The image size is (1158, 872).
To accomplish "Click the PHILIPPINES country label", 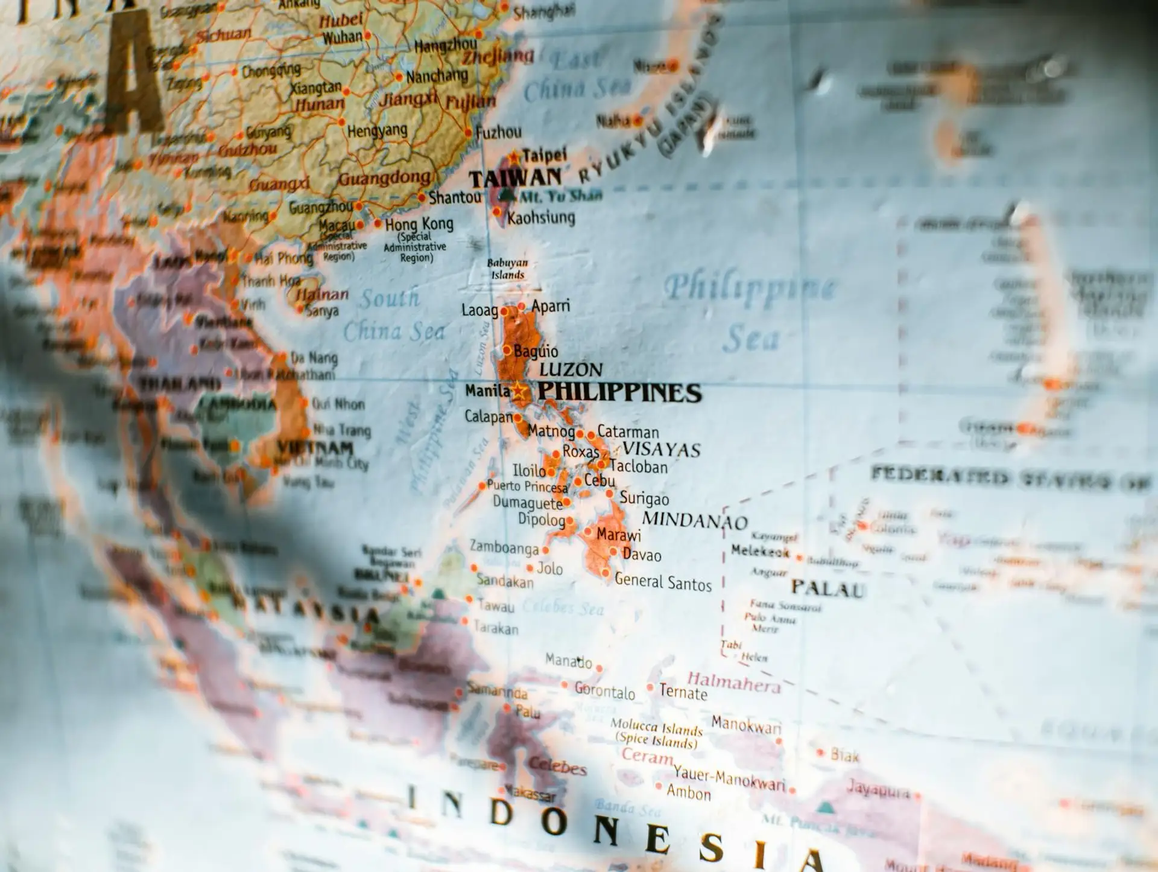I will point(619,392).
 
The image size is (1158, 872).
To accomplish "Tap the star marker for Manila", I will point(518,391).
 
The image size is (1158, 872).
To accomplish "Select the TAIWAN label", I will point(515,178).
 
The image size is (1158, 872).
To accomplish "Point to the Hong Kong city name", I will point(419,224).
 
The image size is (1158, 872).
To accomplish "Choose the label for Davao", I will point(642,555).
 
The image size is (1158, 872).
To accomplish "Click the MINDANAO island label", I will point(695,520).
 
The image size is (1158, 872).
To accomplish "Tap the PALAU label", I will point(828,588).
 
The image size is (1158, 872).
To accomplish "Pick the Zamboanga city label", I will point(504,547).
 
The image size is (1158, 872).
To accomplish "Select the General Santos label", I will point(663,582).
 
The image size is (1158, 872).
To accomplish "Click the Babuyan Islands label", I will point(507,269).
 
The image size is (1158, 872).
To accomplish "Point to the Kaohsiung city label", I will point(541,217).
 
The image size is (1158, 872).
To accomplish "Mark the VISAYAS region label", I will point(661,450).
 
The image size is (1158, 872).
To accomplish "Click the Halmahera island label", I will point(733,683).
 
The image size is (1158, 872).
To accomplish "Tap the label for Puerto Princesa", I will point(527,486).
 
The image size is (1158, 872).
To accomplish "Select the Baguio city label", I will point(536,351).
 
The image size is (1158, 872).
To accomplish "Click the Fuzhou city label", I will point(498,132).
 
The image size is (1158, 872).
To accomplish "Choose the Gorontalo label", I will point(604,691).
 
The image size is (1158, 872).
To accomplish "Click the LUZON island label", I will point(571,369).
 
